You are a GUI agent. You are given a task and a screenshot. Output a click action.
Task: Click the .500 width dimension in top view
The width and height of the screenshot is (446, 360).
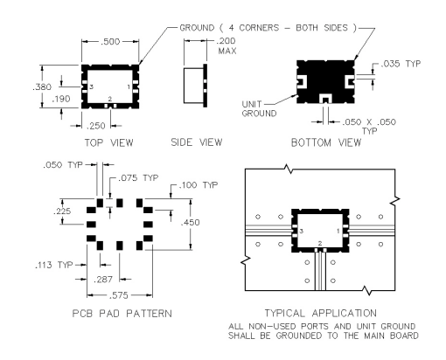110,42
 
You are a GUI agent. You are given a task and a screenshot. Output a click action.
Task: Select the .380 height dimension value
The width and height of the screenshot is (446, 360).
42,87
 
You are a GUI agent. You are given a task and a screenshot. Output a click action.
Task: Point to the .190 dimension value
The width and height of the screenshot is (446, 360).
61,99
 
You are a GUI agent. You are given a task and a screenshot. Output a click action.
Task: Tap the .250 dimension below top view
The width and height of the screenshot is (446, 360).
96,126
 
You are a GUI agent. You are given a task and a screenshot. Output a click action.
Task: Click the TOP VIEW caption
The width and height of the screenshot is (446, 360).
109,142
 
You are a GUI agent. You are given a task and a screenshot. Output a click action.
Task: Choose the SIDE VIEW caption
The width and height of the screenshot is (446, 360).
197,142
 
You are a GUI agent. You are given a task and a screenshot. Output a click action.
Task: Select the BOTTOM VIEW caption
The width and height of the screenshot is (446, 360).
326,142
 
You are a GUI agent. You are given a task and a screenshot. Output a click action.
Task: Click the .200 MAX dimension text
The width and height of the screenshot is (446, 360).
226,46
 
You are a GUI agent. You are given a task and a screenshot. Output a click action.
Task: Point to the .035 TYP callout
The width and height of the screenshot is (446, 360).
401,64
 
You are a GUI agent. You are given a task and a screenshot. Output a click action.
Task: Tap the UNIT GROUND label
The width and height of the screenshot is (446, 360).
259,108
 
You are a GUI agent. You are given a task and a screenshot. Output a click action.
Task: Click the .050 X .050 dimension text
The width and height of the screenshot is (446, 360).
369,121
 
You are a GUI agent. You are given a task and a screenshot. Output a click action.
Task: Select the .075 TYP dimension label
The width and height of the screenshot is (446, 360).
138,177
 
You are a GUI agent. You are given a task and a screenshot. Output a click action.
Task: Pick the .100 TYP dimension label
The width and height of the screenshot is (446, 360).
199,185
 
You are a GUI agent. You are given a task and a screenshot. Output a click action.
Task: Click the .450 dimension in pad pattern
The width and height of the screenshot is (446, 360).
191,223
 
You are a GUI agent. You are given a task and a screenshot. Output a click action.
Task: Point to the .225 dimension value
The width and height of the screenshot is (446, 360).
62,211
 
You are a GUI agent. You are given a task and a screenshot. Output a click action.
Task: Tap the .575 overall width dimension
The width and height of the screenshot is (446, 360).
119,295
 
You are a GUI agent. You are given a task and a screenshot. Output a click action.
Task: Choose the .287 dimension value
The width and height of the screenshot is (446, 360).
103,280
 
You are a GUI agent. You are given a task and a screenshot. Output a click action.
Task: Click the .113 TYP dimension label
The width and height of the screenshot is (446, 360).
54,265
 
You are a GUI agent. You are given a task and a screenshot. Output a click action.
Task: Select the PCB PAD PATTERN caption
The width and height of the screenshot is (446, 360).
122,314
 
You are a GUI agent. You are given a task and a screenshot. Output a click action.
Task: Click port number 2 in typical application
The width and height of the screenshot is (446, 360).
320,243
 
